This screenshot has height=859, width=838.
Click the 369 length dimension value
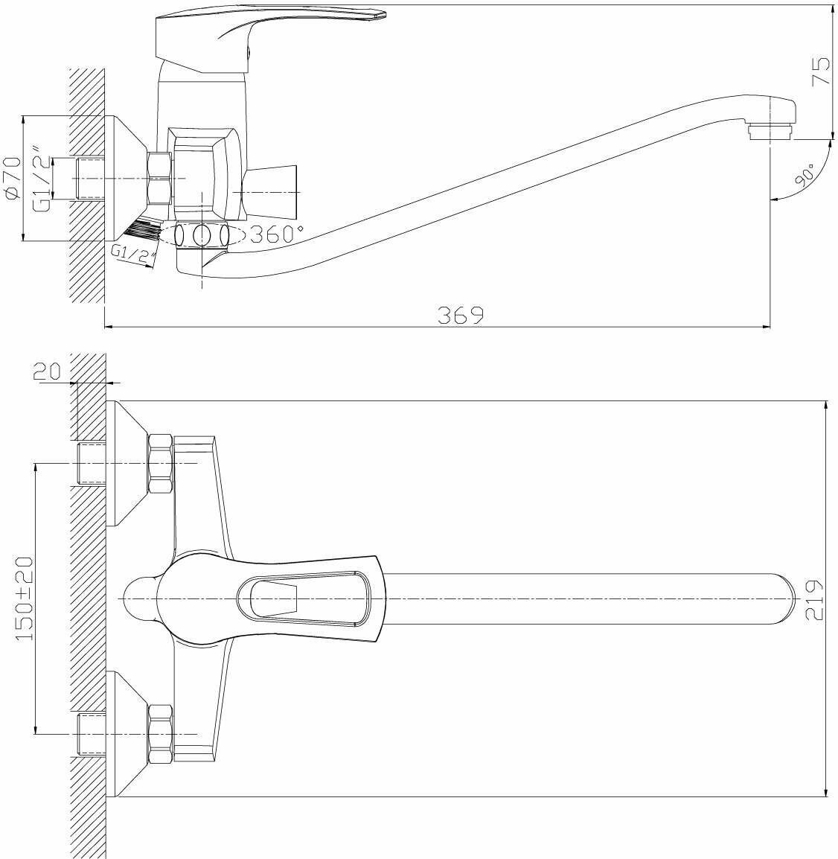pyautogui.click(x=461, y=315)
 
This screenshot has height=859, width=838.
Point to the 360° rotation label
pyautogui.click(x=276, y=235)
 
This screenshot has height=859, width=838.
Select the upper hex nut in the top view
pyautogui.click(x=161, y=464)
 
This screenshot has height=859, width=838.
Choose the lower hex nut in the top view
pyautogui.click(x=161, y=735)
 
